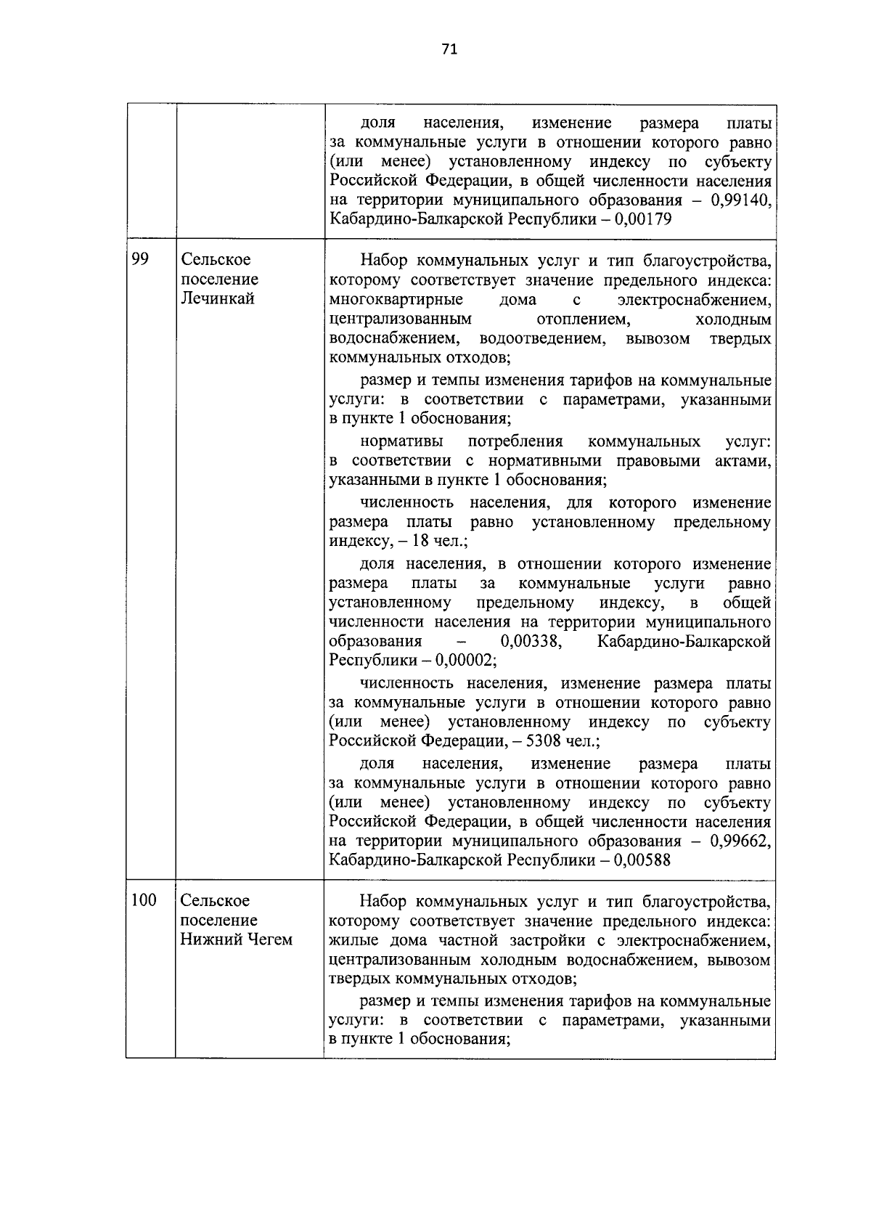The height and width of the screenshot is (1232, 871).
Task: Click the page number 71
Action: coord(449,49)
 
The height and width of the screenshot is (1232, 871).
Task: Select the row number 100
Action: coord(144,901)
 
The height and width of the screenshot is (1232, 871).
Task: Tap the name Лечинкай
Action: coord(218,299)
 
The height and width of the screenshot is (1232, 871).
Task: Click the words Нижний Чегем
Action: coord(237,940)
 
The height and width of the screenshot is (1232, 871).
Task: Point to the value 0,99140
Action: coord(740,200)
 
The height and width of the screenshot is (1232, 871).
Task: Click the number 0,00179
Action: coord(642,220)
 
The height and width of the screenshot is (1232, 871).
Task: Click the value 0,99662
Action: coord(740,841)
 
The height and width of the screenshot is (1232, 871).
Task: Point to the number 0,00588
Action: coord(642,861)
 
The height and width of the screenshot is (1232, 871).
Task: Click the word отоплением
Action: coord(584,319)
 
